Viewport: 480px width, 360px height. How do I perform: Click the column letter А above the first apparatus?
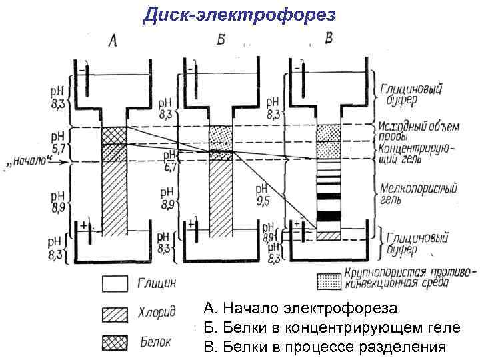(x=113, y=41)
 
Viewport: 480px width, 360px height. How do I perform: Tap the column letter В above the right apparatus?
(x=328, y=39)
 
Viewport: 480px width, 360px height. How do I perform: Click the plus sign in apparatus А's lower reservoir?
(x=84, y=227)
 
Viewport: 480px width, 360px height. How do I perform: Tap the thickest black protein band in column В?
(x=328, y=216)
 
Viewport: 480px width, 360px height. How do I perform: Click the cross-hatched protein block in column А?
(x=113, y=143)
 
